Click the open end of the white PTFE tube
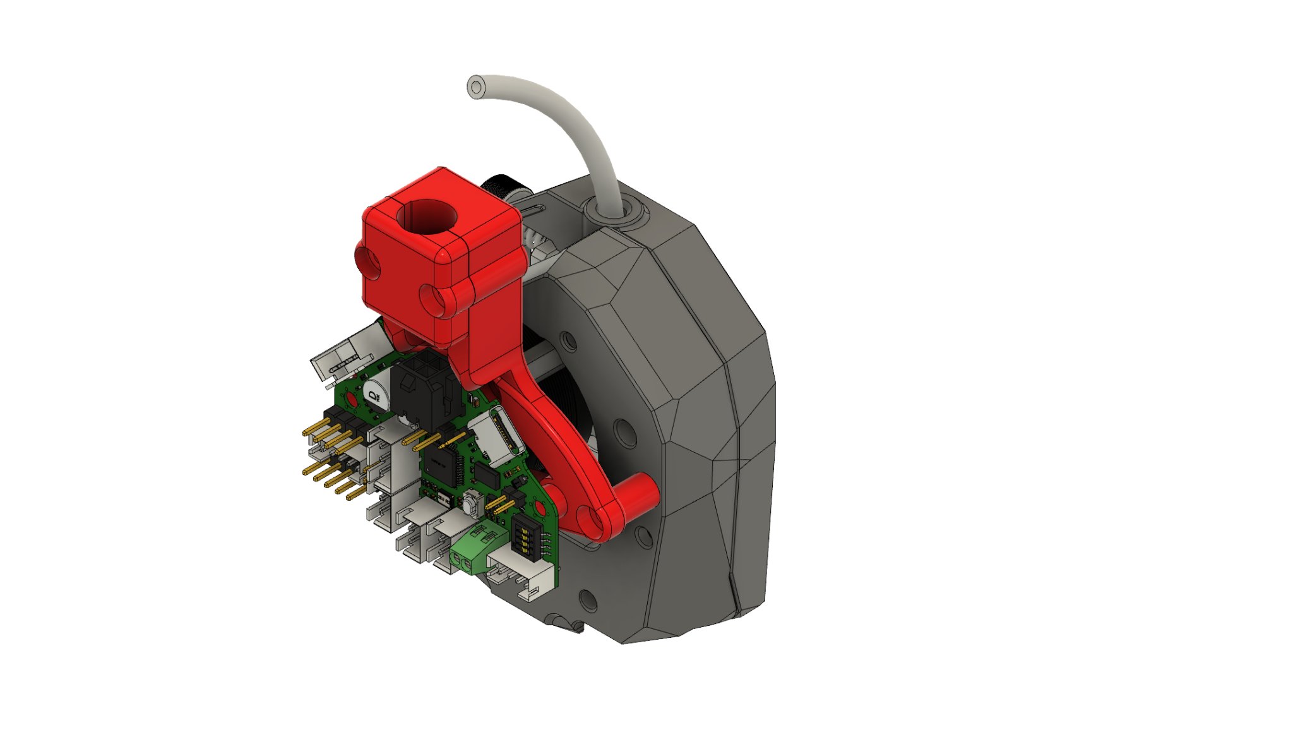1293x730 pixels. tap(476, 87)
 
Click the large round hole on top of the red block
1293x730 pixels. tap(427, 217)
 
